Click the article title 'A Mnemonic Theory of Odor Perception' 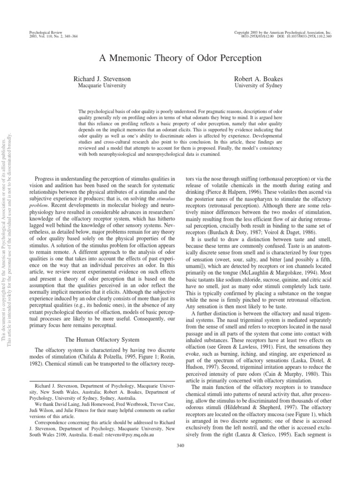tap(180, 58)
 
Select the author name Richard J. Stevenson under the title tap(102, 80)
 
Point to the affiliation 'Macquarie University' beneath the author tap(102, 86)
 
